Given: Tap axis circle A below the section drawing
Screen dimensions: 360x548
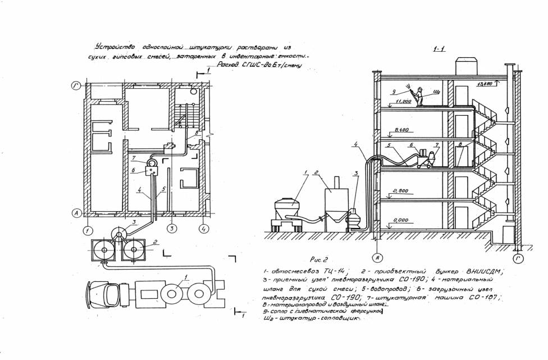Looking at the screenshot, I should tap(379, 258).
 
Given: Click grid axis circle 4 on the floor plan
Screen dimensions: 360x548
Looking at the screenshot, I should tap(204, 229).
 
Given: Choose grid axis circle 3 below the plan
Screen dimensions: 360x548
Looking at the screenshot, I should tap(172, 229).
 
